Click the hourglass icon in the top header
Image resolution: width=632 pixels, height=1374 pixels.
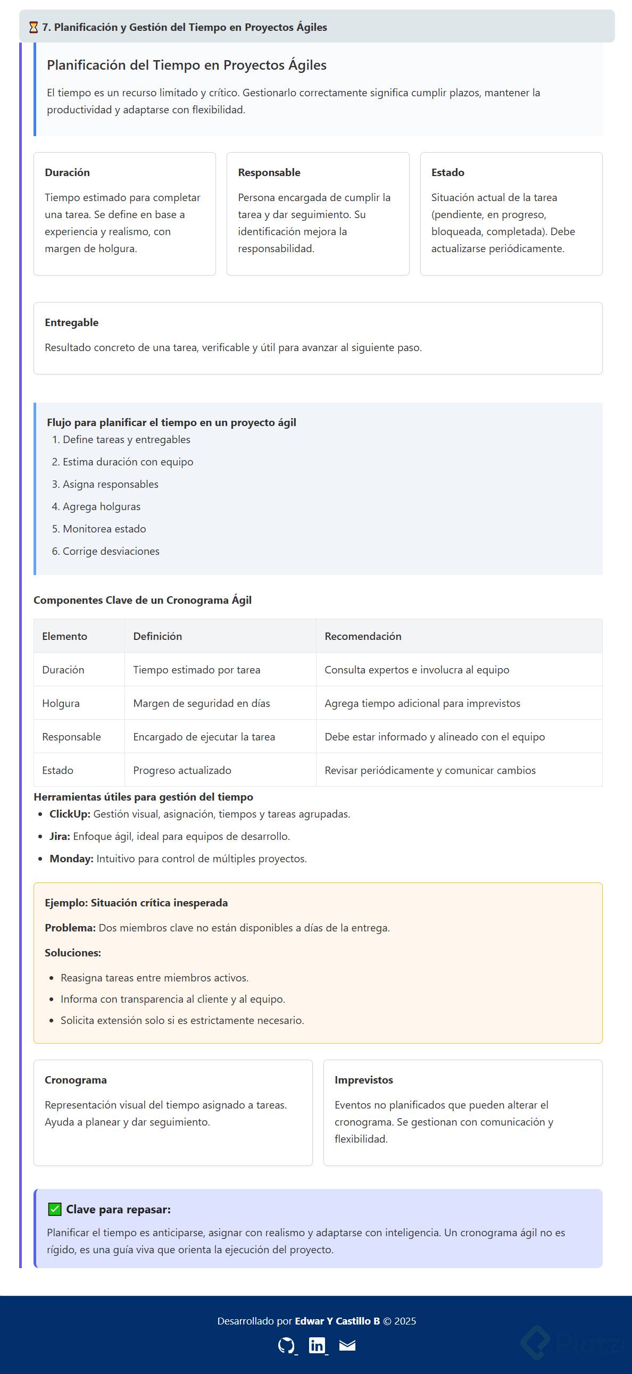(33, 27)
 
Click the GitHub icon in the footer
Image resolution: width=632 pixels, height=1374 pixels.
(286, 1345)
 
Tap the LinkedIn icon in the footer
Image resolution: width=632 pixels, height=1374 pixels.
(317, 1345)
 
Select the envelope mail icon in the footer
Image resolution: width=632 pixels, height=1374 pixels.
(347, 1345)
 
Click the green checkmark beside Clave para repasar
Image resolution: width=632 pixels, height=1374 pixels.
(54, 1209)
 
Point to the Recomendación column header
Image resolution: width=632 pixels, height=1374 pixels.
(363, 636)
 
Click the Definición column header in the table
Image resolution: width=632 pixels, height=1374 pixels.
(157, 636)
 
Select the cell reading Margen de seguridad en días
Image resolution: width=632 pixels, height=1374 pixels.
(202, 703)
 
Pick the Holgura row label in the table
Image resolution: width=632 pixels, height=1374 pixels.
(61, 703)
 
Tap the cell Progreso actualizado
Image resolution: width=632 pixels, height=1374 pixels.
(182, 770)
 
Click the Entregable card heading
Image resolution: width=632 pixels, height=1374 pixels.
(71, 322)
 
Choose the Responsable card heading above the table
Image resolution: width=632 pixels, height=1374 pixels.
(269, 172)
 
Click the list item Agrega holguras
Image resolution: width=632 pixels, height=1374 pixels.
(101, 506)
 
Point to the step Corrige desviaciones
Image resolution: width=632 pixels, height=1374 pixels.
(111, 551)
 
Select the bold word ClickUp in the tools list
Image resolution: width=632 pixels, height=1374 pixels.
(69, 814)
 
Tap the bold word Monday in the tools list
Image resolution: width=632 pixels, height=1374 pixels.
(71, 859)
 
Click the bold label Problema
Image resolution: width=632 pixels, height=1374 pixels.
(70, 928)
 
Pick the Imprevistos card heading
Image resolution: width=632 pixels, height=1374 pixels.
(364, 1080)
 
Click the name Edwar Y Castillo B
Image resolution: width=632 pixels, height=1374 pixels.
(337, 1321)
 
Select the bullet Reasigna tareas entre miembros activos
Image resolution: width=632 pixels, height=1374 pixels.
(154, 978)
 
